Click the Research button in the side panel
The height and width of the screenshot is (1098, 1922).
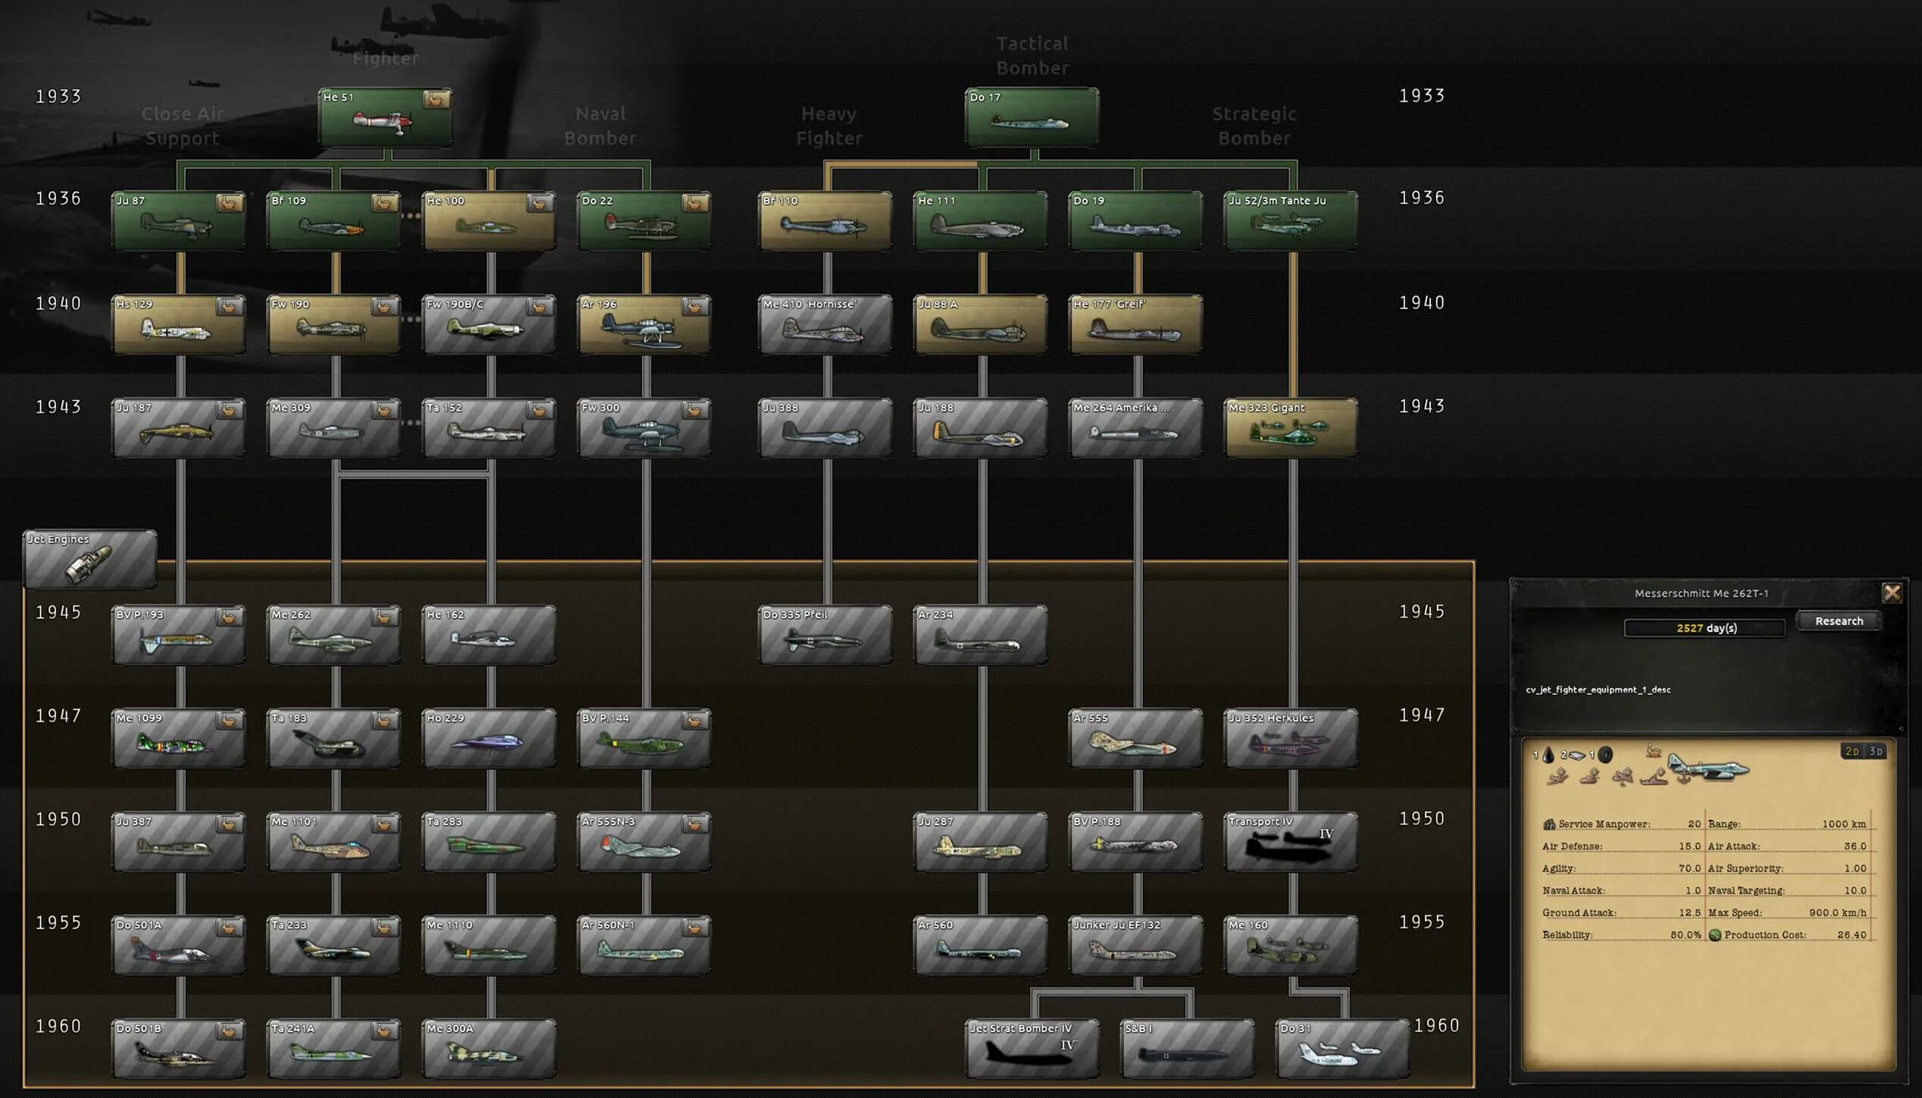click(x=1839, y=621)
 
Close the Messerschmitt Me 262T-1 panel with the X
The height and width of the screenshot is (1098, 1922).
click(x=1892, y=593)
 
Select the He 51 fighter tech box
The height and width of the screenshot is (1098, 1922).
click(x=385, y=117)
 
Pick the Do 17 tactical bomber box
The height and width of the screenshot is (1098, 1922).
click(x=1031, y=117)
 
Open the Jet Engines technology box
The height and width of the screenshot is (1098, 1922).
click(x=90, y=559)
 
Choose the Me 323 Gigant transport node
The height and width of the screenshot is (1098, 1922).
click(x=1290, y=428)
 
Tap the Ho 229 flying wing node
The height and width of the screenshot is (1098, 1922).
click(x=489, y=738)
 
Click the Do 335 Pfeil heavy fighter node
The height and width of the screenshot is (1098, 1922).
click(x=825, y=635)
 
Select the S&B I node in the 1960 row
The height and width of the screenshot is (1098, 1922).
click(x=1187, y=1049)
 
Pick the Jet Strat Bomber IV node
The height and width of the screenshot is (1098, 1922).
click(x=1031, y=1049)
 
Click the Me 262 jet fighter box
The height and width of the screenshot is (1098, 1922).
click(x=333, y=635)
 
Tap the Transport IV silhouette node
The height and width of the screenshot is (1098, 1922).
click(x=1290, y=842)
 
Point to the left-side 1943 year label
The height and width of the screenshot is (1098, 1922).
click(x=58, y=407)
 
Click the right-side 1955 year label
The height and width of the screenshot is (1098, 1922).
click(x=1422, y=922)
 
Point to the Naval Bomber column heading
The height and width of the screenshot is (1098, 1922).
click(x=600, y=126)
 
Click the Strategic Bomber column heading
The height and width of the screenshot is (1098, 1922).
click(x=1254, y=126)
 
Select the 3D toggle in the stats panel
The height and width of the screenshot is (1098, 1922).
click(x=1876, y=751)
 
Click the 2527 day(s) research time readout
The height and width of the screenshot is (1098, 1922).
click(x=1705, y=628)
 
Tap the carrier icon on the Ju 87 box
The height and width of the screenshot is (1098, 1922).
click(x=229, y=203)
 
